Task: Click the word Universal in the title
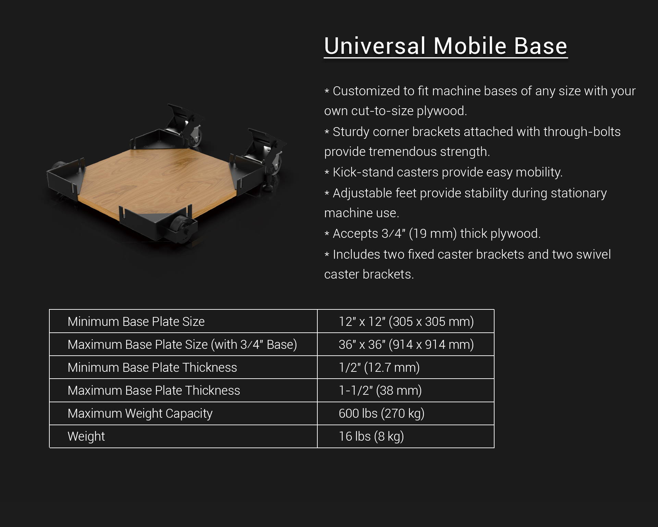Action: [375, 46]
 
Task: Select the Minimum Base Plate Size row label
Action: [136, 321]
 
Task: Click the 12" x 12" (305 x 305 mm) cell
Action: [406, 321]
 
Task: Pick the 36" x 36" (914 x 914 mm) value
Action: [406, 344]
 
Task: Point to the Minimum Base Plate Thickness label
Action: [152, 367]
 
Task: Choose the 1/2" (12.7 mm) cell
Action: [379, 367]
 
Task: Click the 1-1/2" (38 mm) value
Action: [380, 390]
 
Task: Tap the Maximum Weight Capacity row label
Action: [140, 414]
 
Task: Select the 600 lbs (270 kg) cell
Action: [381, 414]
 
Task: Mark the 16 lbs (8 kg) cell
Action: [371, 437]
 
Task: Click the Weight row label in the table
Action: [86, 437]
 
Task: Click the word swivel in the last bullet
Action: [594, 254]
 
